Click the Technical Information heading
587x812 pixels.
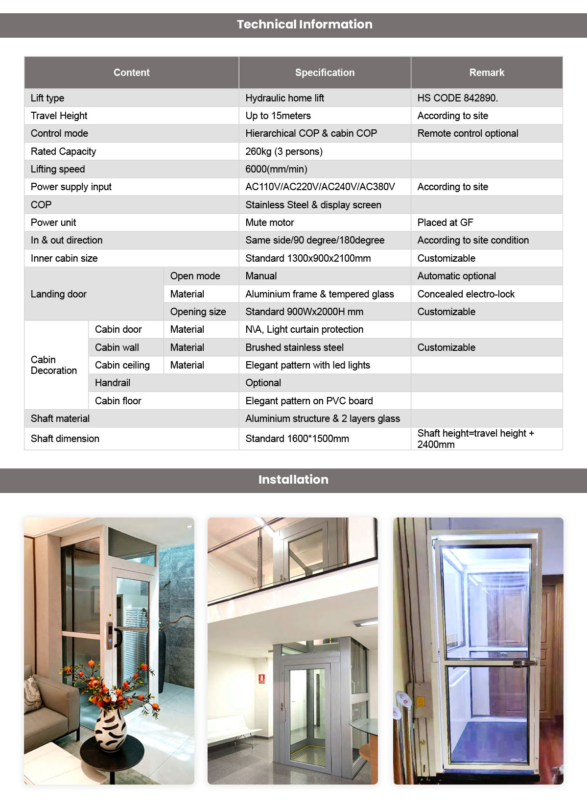coord(305,25)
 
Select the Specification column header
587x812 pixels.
coord(325,73)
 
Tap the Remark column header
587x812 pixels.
coord(487,73)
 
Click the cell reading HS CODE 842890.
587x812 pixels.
coord(457,98)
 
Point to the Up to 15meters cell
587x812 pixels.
coord(278,116)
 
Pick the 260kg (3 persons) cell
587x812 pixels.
coord(284,151)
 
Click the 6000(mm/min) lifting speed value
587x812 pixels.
coord(276,169)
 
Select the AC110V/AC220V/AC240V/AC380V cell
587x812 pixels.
coord(320,187)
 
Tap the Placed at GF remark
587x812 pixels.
coord(445,222)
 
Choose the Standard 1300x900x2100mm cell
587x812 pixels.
coord(308,258)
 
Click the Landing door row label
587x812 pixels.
coord(59,294)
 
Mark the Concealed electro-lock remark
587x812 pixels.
coord(466,294)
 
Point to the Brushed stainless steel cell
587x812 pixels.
coord(294,347)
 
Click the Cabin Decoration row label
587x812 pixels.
coord(53,365)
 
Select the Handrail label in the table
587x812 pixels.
coord(113,383)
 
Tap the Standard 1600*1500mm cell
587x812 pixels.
coord(297,439)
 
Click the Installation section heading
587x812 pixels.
coord(293,480)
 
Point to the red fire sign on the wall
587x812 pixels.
coord(262,679)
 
